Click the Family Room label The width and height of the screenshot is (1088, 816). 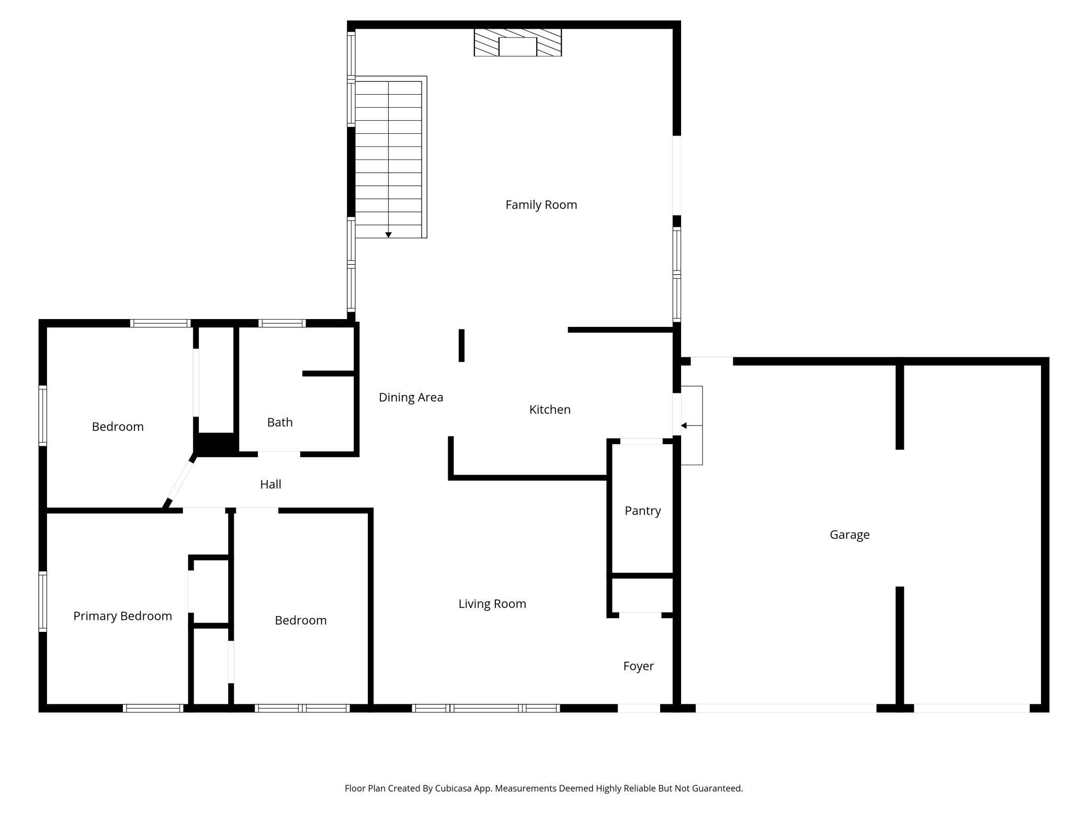pyautogui.click(x=541, y=205)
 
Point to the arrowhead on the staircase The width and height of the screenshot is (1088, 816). pyautogui.click(x=388, y=235)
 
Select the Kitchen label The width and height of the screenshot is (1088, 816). pyautogui.click(x=550, y=410)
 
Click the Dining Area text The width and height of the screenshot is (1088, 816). pyautogui.click(x=411, y=398)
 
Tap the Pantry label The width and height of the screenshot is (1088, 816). pyautogui.click(x=642, y=511)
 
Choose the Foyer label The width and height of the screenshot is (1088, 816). pyautogui.click(x=638, y=666)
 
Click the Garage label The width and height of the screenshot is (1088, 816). pyautogui.click(x=849, y=535)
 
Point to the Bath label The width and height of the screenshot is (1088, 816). pyautogui.click(x=280, y=422)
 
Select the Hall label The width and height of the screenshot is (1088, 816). pyautogui.click(x=270, y=484)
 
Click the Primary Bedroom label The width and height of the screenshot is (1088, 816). pyautogui.click(x=122, y=616)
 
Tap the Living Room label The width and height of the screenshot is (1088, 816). pyautogui.click(x=492, y=604)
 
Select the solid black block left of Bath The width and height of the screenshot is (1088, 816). pyautogui.click(x=216, y=444)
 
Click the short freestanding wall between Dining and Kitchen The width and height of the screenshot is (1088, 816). pyautogui.click(x=461, y=345)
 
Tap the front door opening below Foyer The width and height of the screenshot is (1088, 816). pyautogui.click(x=639, y=708)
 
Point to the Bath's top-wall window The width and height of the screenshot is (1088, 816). pyautogui.click(x=282, y=323)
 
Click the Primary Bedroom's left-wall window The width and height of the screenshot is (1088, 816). pyautogui.click(x=43, y=602)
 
